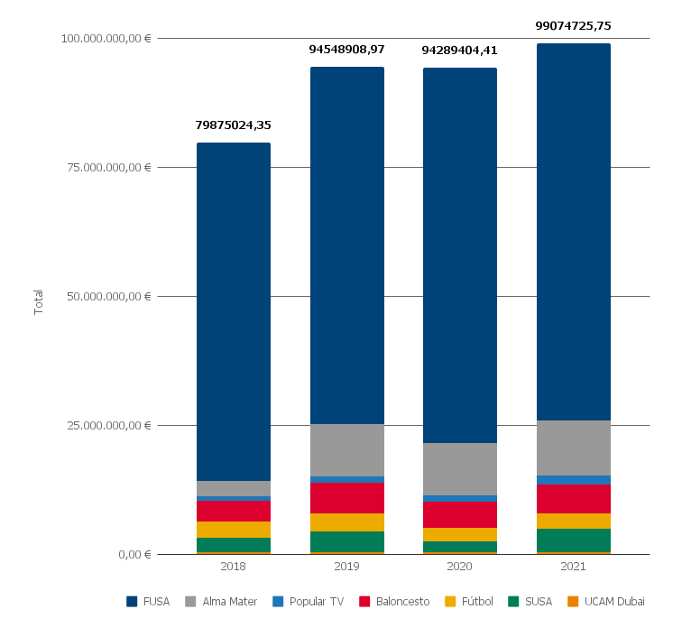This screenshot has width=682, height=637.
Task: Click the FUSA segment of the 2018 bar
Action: coord(234,311)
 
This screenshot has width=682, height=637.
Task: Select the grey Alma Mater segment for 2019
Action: coord(347,450)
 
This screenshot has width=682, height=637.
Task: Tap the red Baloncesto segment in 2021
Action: coord(574,499)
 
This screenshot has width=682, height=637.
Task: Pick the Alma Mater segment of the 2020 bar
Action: coord(460,469)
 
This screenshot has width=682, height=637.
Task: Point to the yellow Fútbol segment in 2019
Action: coord(347,522)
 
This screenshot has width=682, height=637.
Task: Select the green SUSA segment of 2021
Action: coord(574,540)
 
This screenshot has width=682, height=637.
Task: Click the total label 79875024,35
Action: coord(234,125)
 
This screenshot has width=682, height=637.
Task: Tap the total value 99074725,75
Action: coord(574,26)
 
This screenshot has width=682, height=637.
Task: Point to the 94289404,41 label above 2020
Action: coord(460,51)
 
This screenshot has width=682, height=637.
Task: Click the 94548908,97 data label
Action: coord(347,50)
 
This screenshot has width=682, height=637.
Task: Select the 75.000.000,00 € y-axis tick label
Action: coord(106,167)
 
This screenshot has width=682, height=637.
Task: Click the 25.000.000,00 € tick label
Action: coord(106,425)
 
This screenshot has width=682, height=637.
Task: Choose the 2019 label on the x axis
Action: coord(347,567)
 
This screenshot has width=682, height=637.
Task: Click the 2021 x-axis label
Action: coord(574,567)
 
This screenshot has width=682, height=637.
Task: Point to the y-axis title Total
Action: coord(39,301)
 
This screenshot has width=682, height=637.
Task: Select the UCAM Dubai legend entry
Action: coord(606,602)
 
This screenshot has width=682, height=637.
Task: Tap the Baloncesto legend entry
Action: coord(394,602)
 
